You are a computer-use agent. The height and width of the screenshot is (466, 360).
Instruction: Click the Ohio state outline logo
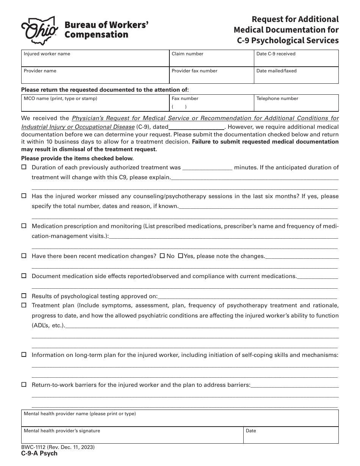tap(39, 30)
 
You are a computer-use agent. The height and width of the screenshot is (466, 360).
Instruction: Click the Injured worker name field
tap(95, 60)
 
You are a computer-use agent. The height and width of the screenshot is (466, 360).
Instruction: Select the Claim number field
tap(211, 60)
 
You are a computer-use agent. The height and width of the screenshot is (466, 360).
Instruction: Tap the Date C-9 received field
tap(296, 60)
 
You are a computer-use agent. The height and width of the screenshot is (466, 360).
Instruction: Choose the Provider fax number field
tap(211, 77)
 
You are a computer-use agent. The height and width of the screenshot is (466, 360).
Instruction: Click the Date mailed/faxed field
tap(296, 77)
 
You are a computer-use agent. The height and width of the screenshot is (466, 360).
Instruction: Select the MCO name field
tap(95, 105)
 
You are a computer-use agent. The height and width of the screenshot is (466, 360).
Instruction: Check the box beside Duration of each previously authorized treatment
tap(24, 167)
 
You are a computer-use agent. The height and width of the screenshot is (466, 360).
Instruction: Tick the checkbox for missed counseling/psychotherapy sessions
tap(24, 196)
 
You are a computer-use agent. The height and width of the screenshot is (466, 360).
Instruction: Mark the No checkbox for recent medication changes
tap(162, 256)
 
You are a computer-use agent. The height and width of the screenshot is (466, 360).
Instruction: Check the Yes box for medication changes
tap(180, 256)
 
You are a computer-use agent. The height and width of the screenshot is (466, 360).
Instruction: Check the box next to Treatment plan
tap(24, 305)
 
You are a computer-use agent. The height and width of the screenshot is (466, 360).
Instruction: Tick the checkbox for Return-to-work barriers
tap(24, 385)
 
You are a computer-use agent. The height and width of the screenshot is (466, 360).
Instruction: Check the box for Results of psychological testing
tap(24, 296)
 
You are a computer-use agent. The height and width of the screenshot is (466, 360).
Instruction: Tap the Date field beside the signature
tap(291, 437)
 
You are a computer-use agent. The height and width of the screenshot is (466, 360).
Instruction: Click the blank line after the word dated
tap(196, 127)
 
